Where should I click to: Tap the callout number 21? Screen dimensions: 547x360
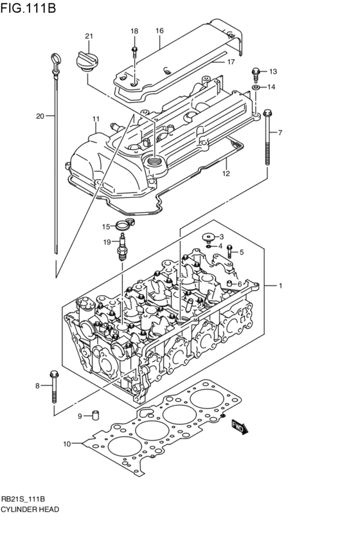(89, 35)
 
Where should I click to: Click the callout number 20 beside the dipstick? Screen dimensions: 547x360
(40, 116)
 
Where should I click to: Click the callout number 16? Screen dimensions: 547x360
(159, 30)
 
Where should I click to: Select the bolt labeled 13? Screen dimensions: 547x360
(256, 71)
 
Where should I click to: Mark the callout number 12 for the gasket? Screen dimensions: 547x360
(226, 173)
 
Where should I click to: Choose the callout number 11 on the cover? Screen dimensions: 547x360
(95, 119)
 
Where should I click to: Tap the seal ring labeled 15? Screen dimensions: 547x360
(123, 226)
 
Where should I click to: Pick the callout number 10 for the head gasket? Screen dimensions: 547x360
(66, 443)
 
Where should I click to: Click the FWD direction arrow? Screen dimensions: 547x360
(239, 427)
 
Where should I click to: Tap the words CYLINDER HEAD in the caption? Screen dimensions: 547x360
(30, 509)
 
